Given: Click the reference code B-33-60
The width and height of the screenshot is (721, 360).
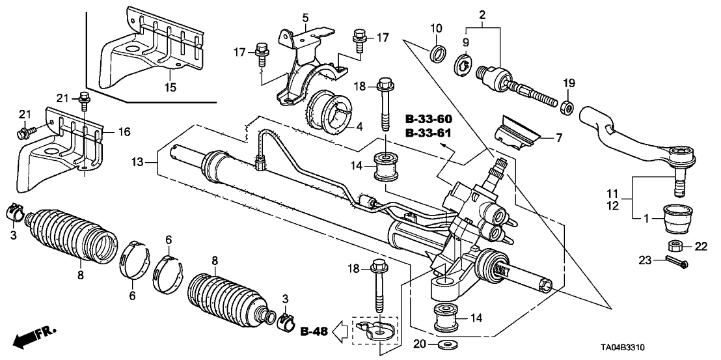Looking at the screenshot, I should (428, 120).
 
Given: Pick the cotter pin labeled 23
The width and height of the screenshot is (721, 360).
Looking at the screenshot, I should (675, 263).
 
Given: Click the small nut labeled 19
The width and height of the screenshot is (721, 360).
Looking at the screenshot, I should (566, 105).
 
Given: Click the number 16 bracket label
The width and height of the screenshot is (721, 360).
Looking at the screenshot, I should (124, 132).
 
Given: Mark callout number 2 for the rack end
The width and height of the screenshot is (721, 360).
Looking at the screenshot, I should (482, 13).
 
